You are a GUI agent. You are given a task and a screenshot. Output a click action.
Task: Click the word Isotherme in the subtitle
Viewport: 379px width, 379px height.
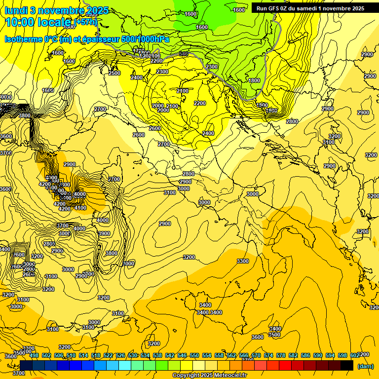click(23, 39)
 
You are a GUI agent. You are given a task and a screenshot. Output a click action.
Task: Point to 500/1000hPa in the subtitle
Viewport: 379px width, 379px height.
click(145, 39)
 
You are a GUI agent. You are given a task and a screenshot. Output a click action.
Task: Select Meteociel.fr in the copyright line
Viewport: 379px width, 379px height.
click(230, 376)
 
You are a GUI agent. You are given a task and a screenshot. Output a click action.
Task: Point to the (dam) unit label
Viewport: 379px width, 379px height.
click(365, 366)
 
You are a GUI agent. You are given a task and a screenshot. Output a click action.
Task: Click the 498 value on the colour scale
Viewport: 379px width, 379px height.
click(34, 355)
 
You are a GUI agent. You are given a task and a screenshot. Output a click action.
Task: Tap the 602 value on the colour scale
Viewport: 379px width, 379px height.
click(355, 355)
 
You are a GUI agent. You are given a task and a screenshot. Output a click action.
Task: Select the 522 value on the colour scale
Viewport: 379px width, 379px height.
click(108, 355)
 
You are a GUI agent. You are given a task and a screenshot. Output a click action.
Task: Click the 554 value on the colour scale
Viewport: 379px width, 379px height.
click(207, 355)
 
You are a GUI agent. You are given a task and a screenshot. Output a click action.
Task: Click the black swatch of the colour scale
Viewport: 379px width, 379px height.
click(347, 365)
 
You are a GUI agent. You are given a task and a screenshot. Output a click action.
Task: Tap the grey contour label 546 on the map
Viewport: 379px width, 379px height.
click(184, 53)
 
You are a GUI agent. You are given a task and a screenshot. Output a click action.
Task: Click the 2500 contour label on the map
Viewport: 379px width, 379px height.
click(114, 73)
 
